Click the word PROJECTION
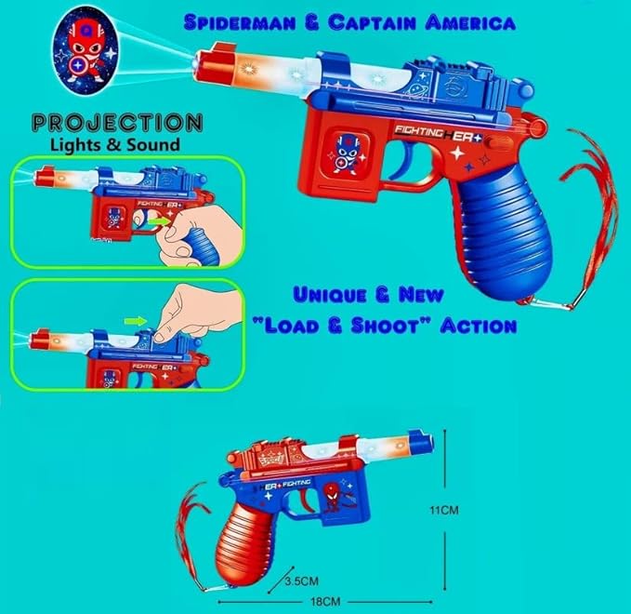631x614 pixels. pyautogui.click(x=115, y=123)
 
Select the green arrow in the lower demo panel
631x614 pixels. pyautogui.click(x=137, y=321)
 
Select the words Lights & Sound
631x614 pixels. pyautogui.click(x=115, y=145)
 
